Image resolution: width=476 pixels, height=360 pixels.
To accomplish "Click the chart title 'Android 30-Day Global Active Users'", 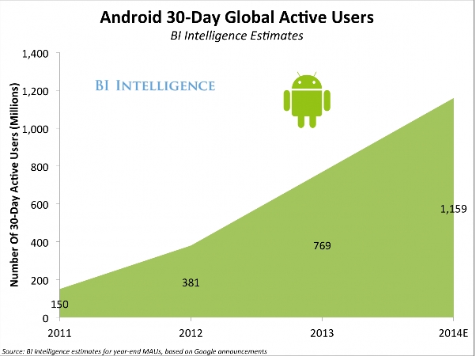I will coord(237,17).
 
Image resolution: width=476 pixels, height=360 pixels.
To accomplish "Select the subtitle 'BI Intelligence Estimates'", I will coord(237,36).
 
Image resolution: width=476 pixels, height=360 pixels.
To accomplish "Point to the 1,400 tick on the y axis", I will coord(36,54).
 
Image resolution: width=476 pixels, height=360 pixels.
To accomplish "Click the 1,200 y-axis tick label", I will coord(36,92).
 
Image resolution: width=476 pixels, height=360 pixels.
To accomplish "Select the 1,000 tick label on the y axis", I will coord(36,130).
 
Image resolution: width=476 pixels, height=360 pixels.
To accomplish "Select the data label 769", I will coord(323,246).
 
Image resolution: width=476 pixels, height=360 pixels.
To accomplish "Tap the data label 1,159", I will coord(454,210).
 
